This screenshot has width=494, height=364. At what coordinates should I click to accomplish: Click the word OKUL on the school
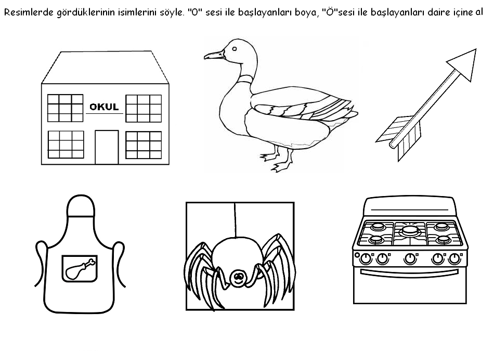(x=104, y=107)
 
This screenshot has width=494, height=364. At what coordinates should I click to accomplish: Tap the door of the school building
(x=107, y=147)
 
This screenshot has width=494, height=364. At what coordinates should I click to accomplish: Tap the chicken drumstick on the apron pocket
(x=80, y=268)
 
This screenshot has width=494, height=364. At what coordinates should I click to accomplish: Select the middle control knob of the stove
(x=410, y=258)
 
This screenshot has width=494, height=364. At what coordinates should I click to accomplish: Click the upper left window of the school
(x=66, y=108)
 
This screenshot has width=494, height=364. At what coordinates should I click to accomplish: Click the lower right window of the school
(x=144, y=144)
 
